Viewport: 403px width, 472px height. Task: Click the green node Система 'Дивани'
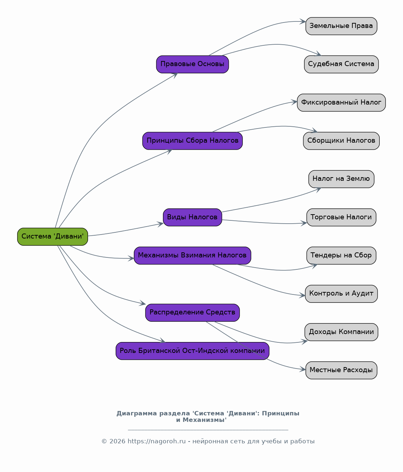tap(53, 237)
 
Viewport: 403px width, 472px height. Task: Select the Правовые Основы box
tap(192, 64)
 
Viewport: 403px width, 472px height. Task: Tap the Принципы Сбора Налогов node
tap(192, 141)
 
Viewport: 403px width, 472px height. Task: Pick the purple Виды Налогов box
tap(192, 217)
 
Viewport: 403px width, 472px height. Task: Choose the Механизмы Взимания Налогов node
tap(192, 256)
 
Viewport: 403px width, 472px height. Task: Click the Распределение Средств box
tap(192, 313)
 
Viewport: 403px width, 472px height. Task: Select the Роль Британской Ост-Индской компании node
tap(192, 351)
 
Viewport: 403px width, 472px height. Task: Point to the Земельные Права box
tap(341, 26)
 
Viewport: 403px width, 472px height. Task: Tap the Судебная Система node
tap(341, 64)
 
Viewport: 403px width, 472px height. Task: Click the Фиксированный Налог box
tap(341, 102)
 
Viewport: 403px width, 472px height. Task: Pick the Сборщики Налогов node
tap(341, 141)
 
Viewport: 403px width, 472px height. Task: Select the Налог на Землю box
tap(341, 179)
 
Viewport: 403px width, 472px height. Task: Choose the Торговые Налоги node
tap(341, 217)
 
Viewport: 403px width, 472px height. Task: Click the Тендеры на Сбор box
tap(341, 256)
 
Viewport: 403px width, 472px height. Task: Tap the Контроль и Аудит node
tap(341, 294)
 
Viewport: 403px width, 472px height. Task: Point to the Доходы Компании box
tap(341, 332)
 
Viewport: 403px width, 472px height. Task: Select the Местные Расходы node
tap(341, 370)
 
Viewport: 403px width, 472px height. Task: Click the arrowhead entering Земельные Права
tap(303, 22)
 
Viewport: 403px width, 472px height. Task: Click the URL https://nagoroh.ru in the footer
tap(156, 442)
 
